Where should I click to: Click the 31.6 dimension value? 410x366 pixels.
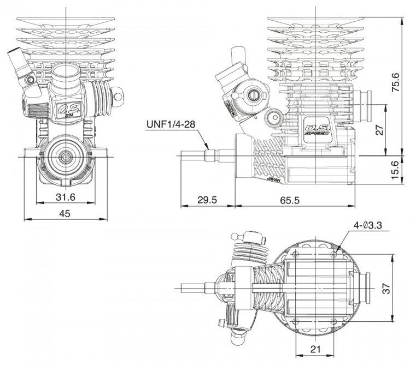65,196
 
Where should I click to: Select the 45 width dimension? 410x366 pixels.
65,214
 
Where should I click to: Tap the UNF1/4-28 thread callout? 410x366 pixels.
171,124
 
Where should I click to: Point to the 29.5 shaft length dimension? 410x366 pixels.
207,200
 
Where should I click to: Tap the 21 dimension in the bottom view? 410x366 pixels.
315,349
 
